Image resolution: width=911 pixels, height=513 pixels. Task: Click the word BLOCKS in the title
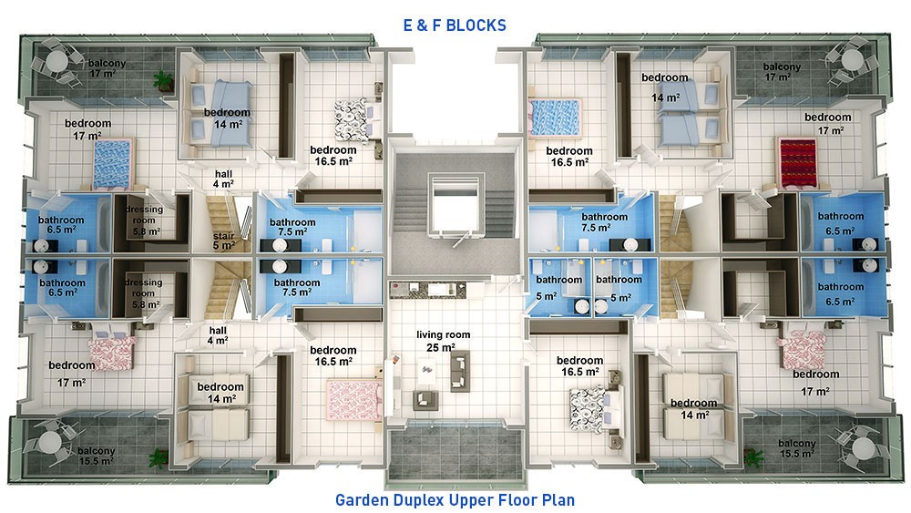476,26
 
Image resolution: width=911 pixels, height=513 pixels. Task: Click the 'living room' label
444,334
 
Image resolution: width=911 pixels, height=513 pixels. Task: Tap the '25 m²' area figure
440,347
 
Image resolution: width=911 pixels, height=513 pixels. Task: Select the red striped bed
797,163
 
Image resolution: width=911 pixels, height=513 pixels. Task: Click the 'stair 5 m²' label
224,241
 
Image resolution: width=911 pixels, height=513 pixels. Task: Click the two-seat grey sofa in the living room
459,371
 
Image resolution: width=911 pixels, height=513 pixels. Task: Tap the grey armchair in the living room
425,400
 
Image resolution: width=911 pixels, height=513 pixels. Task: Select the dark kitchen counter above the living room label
427,290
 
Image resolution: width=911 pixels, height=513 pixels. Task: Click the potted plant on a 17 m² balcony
163,80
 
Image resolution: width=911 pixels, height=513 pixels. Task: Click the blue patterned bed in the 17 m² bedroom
113,164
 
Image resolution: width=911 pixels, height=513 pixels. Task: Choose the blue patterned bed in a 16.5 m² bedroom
554,117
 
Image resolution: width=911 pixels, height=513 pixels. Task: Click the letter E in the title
408,26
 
